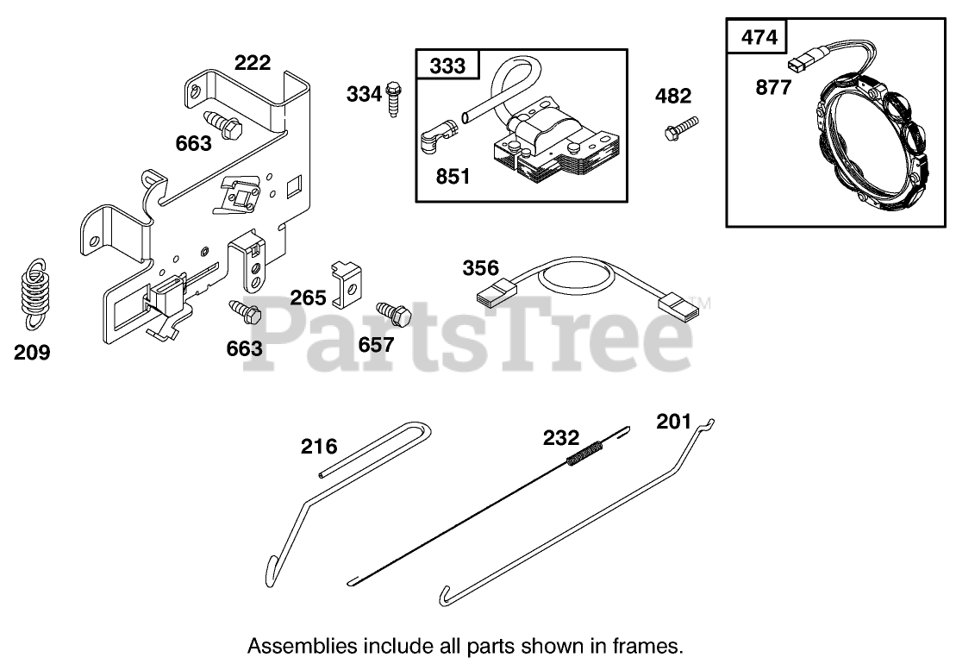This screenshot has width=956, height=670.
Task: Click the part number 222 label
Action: (253, 63)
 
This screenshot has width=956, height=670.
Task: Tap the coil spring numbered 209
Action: (34, 294)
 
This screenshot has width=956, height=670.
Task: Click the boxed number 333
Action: (447, 66)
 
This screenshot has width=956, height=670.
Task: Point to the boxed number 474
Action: (759, 37)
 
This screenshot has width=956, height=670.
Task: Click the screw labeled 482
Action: (678, 129)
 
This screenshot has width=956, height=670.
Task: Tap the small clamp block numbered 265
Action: (348, 283)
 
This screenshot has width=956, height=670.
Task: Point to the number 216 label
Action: (319, 447)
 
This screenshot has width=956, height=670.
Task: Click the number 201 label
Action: (673, 421)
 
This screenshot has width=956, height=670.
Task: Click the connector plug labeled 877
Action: (801, 64)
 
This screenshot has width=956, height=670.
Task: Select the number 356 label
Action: (481, 267)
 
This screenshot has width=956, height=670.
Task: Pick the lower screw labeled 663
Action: (245, 310)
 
